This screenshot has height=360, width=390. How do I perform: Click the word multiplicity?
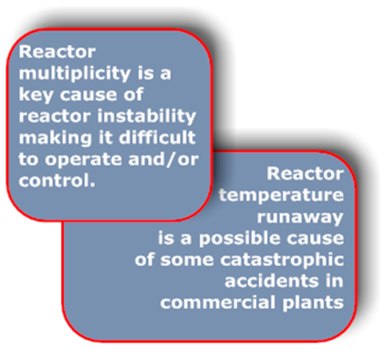[x=75, y=73]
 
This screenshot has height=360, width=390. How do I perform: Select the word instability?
[x=147, y=116]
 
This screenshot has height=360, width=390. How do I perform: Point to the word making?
[x=55, y=138]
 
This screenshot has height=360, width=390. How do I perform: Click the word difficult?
[x=157, y=137]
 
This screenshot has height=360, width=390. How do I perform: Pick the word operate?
[x=83, y=160]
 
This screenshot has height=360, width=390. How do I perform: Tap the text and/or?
[x=164, y=159]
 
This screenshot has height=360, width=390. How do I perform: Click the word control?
[x=57, y=180]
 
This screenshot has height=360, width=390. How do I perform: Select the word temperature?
[x=282, y=196]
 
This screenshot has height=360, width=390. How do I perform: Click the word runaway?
[x=300, y=217]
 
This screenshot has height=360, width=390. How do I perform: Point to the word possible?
[x=240, y=239]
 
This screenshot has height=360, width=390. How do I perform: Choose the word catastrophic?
[x=282, y=259]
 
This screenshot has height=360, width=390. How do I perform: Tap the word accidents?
[x=271, y=281]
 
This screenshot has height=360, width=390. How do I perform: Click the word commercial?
[x=218, y=302]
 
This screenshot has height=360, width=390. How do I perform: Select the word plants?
[x=313, y=303]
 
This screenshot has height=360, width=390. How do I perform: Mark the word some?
[x=187, y=260]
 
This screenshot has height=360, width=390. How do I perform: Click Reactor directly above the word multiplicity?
[x=57, y=51]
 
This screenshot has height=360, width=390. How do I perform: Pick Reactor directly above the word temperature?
[x=305, y=174]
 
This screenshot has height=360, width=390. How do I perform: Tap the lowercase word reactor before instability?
[x=55, y=116]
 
